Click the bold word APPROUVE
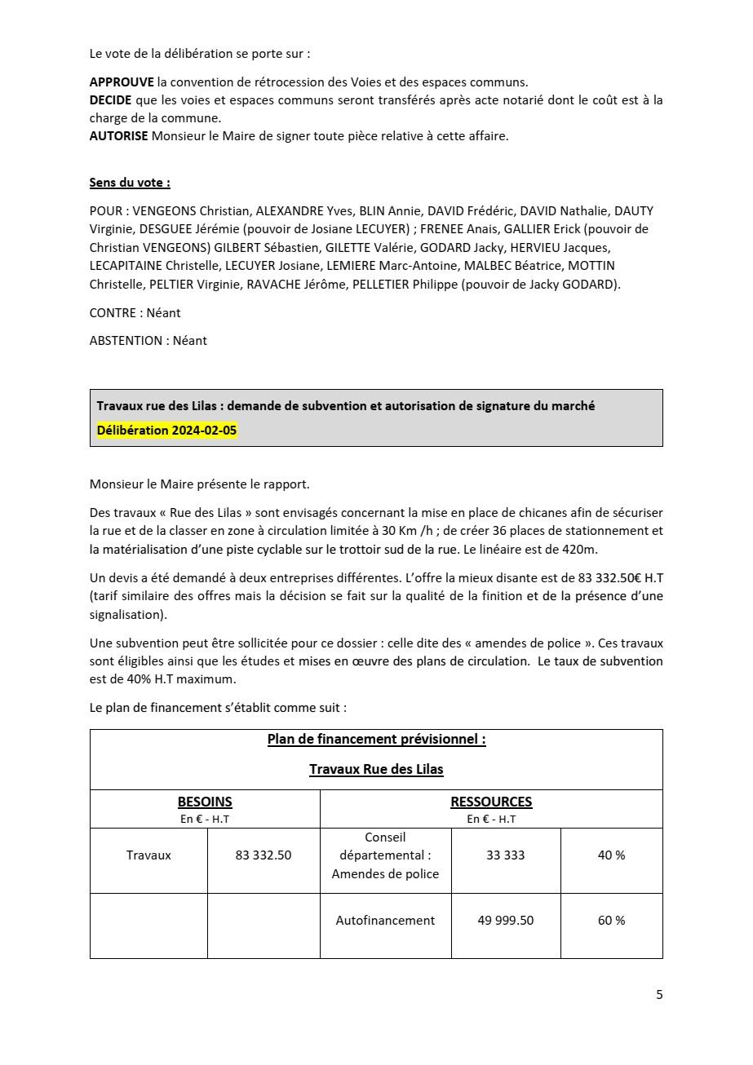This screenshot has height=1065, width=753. (122, 82)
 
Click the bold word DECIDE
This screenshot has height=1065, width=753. (111, 100)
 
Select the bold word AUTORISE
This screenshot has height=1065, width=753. (118, 136)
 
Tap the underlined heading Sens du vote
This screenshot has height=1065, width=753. (130, 183)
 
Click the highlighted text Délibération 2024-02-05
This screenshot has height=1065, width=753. (166, 431)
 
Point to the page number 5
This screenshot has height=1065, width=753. (659, 995)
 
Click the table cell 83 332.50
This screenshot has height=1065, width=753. (263, 855)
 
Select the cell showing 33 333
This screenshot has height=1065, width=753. (505, 855)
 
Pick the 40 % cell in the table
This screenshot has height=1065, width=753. (611, 855)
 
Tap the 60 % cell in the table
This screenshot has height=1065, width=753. (611, 921)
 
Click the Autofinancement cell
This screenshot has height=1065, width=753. (385, 921)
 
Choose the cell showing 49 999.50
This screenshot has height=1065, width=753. (505, 921)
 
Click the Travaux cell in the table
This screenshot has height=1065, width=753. (148, 855)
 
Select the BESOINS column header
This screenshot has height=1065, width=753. (205, 802)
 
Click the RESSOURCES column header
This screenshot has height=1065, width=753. (491, 802)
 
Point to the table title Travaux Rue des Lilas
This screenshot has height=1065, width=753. (376, 769)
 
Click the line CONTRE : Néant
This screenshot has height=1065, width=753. (135, 313)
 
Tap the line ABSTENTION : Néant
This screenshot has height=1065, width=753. (148, 341)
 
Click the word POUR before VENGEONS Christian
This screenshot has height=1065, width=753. (105, 211)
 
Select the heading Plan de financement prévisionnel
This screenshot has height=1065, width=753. (376, 740)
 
